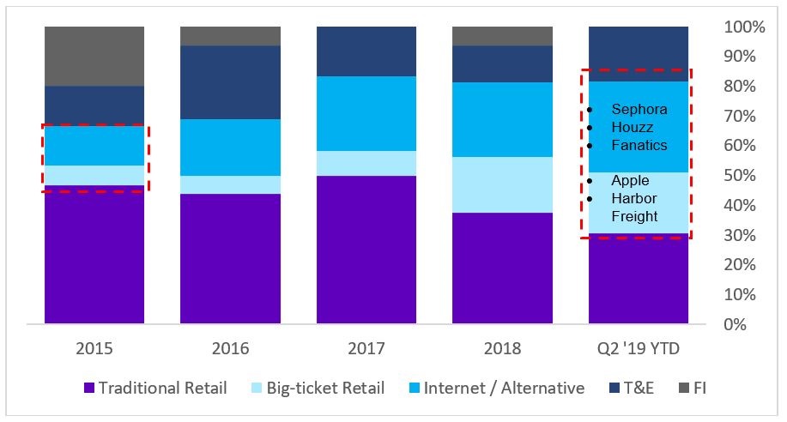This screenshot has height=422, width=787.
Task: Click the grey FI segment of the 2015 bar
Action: pyautogui.click(x=94, y=56)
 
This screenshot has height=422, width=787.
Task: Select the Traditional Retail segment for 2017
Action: pyautogui.click(x=366, y=250)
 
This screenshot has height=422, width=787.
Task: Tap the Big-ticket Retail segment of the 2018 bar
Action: pyautogui.click(x=502, y=184)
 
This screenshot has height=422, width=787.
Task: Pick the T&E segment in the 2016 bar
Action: pyautogui.click(x=230, y=82)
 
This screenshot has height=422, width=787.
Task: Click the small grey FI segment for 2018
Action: pyautogui.click(x=502, y=35)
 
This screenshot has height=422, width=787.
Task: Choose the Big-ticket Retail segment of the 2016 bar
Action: pyautogui.click(x=230, y=184)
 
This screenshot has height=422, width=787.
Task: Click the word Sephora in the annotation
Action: pyautogui.click(x=639, y=110)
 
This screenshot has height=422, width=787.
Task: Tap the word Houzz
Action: pyautogui.click(x=633, y=128)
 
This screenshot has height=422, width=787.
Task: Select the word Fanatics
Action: pyautogui.click(x=639, y=145)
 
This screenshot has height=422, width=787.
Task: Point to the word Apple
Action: pyautogui.click(x=630, y=181)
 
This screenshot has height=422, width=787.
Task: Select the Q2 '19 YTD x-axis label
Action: pyautogui.click(x=639, y=349)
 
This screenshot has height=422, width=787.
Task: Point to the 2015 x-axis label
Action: pyautogui.click(x=94, y=349)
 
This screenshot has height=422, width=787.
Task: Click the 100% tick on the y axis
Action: pyautogui.click(x=744, y=27)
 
